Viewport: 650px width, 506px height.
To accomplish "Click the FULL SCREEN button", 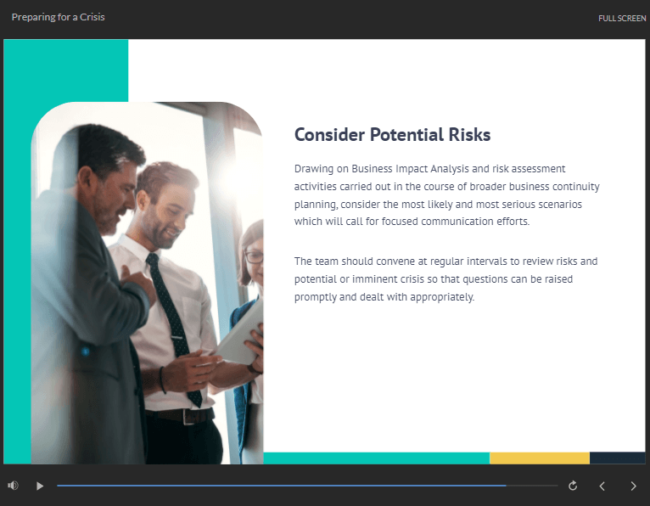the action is pos(622,18).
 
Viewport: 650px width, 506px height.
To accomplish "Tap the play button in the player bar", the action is pos(40,486).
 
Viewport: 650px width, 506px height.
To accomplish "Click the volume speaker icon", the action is pos(13,486).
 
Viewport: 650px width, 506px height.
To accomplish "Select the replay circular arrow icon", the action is pos(573,486).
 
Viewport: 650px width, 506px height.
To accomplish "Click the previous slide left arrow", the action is pos(602,486).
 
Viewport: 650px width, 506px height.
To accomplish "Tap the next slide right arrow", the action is pos(633,486).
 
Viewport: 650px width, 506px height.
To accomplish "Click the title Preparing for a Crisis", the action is pos(58,17).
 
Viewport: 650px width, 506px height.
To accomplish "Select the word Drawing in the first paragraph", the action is pos(314,169).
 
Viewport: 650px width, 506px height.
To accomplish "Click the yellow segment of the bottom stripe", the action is pos(540,458).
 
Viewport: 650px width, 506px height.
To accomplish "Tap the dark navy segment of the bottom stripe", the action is pos(617,458).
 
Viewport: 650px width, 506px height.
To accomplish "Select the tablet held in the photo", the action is pos(239,336).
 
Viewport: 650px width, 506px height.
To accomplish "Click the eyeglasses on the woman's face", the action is pos(254,257).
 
